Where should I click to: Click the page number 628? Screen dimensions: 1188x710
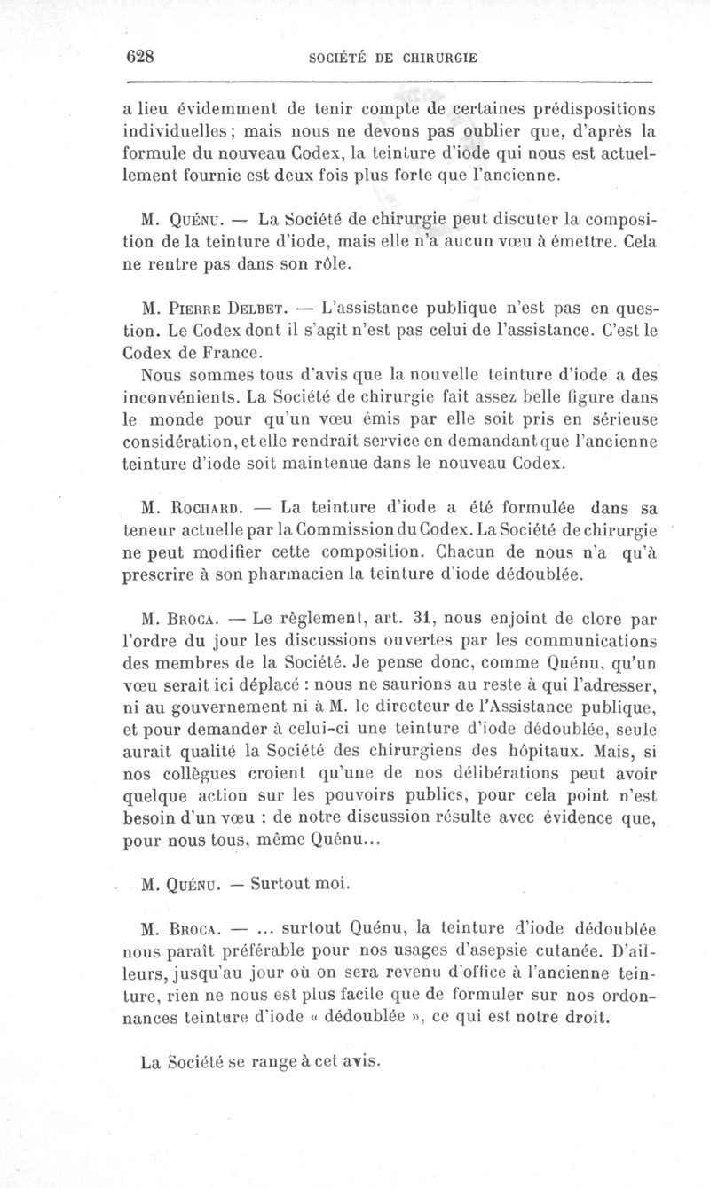(141, 57)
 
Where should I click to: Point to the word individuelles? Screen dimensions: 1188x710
(172, 131)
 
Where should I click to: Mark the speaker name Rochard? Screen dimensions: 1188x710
(206, 509)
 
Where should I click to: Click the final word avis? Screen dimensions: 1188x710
(359, 1062)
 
